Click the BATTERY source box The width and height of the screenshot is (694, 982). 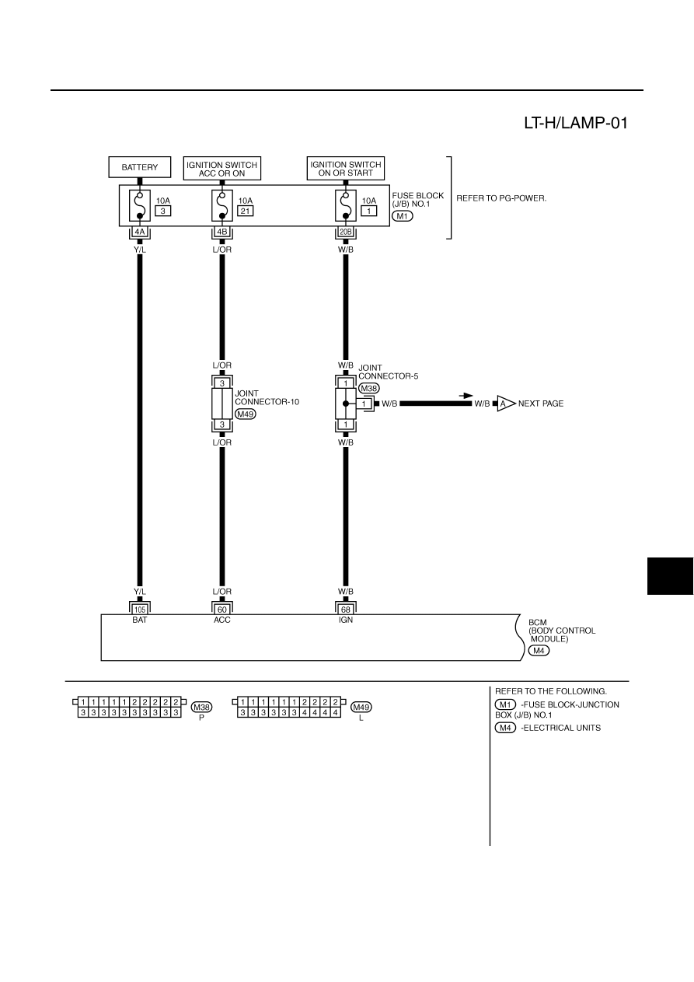[140, 167]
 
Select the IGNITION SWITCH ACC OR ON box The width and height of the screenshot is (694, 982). [221, 169]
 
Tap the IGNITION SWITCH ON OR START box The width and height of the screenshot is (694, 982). [346, 169]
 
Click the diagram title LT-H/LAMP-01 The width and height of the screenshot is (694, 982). [576, 123]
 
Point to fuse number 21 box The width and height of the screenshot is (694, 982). [246, 211]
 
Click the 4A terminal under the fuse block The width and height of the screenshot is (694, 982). [140, 232]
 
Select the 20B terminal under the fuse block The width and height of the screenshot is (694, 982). [346, 232]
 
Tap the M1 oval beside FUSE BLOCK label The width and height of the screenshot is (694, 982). [403, 216]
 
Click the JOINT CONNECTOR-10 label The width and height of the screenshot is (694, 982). [267, 397]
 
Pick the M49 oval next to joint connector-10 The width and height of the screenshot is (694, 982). [246, 414]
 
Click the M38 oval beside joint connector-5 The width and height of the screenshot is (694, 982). [369, 388]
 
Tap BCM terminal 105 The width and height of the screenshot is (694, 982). [140, 610]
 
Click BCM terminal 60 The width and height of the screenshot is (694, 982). [222, 610]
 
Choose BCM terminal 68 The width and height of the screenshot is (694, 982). [346, 610]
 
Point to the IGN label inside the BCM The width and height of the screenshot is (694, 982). [346, 620]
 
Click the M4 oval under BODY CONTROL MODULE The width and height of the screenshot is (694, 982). [539, 651]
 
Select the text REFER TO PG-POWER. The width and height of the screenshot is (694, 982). [502, 198]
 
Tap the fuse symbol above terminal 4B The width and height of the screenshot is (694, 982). [222, 205]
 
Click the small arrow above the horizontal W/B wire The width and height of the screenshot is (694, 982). [466, 396]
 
